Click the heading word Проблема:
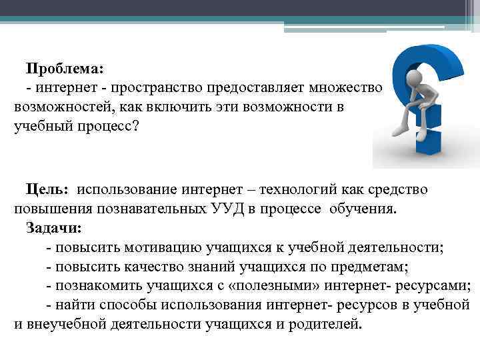coord(65,68)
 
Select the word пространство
coord(155,87)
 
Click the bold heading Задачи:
coord(54,228)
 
